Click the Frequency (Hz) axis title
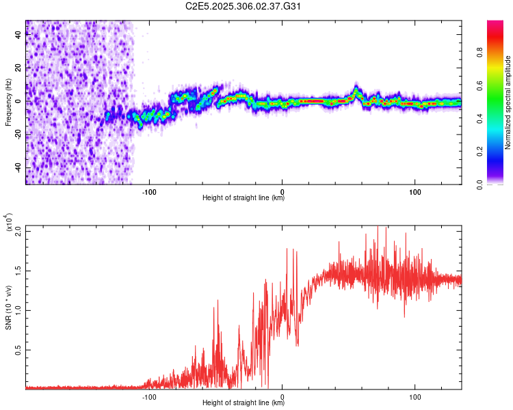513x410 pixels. click(8, 102)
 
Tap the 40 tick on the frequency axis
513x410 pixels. click(18, 36)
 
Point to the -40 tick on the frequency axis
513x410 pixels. click(18, 167)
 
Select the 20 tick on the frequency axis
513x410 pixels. click(18, 68)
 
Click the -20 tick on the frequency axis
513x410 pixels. click(18, 135)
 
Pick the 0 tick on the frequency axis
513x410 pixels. click(18, 101)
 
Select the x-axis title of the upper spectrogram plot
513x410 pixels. click(244, 198)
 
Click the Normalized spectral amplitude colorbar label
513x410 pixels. click(508, 102)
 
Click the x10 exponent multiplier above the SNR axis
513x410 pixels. click(8, 223)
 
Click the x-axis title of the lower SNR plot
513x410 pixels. click(244, 403)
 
